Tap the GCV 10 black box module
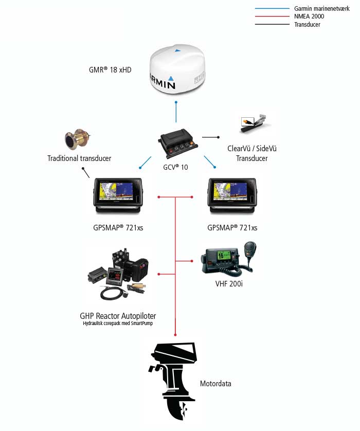(x=176, y=141)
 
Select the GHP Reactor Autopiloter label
(x=118, y=316)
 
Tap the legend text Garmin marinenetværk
(x=321, y=9)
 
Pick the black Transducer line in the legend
(x=272, y=24)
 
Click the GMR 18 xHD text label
(x=110, y=69)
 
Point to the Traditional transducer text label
(x=79, y=158)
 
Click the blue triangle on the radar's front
(x=172, y=78)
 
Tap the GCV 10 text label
(x=176, y=168)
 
